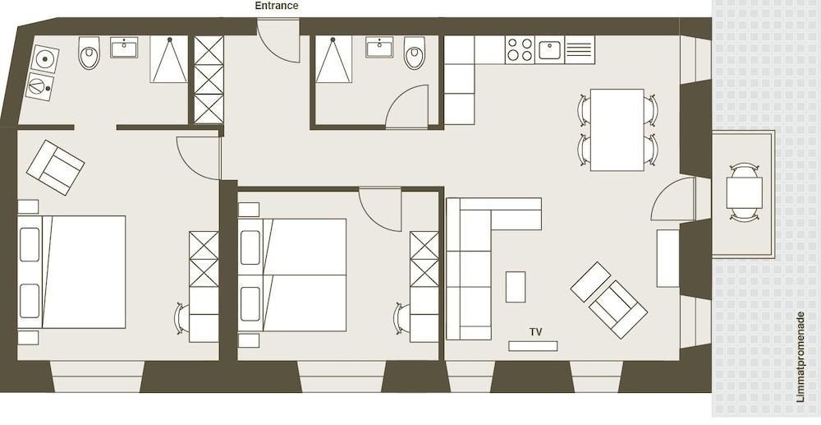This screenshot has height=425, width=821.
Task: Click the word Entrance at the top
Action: [x=277, y=6]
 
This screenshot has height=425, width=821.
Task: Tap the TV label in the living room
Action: [x=535, y=332]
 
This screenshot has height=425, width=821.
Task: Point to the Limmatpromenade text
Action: [x=800, y=357]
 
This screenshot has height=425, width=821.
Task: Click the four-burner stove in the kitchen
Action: [x=520, y=50]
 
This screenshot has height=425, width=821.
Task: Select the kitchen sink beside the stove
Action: [x=549, y=50]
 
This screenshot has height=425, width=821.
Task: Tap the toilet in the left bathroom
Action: [x=89, y=53]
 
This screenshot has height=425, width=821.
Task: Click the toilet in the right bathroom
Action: [x=414, y=53]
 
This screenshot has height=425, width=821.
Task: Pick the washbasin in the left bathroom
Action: [x=124, y=47]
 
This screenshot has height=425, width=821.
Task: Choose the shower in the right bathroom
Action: [x=333, y=59]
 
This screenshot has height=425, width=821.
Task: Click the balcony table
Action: [x=744, y=192]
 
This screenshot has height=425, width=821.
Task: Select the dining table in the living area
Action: [x=617, y=129]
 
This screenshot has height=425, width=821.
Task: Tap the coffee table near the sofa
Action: [x=516, y=287]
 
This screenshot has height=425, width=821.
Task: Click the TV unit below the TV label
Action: [x=533, y=346]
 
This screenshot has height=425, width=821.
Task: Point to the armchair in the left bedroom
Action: [x=56, y=167]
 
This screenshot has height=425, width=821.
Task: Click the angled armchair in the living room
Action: [x=618, y=309]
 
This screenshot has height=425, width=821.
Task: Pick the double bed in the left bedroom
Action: [x=71, y=272]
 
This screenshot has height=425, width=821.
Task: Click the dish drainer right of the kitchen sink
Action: [x=580, y=50]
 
